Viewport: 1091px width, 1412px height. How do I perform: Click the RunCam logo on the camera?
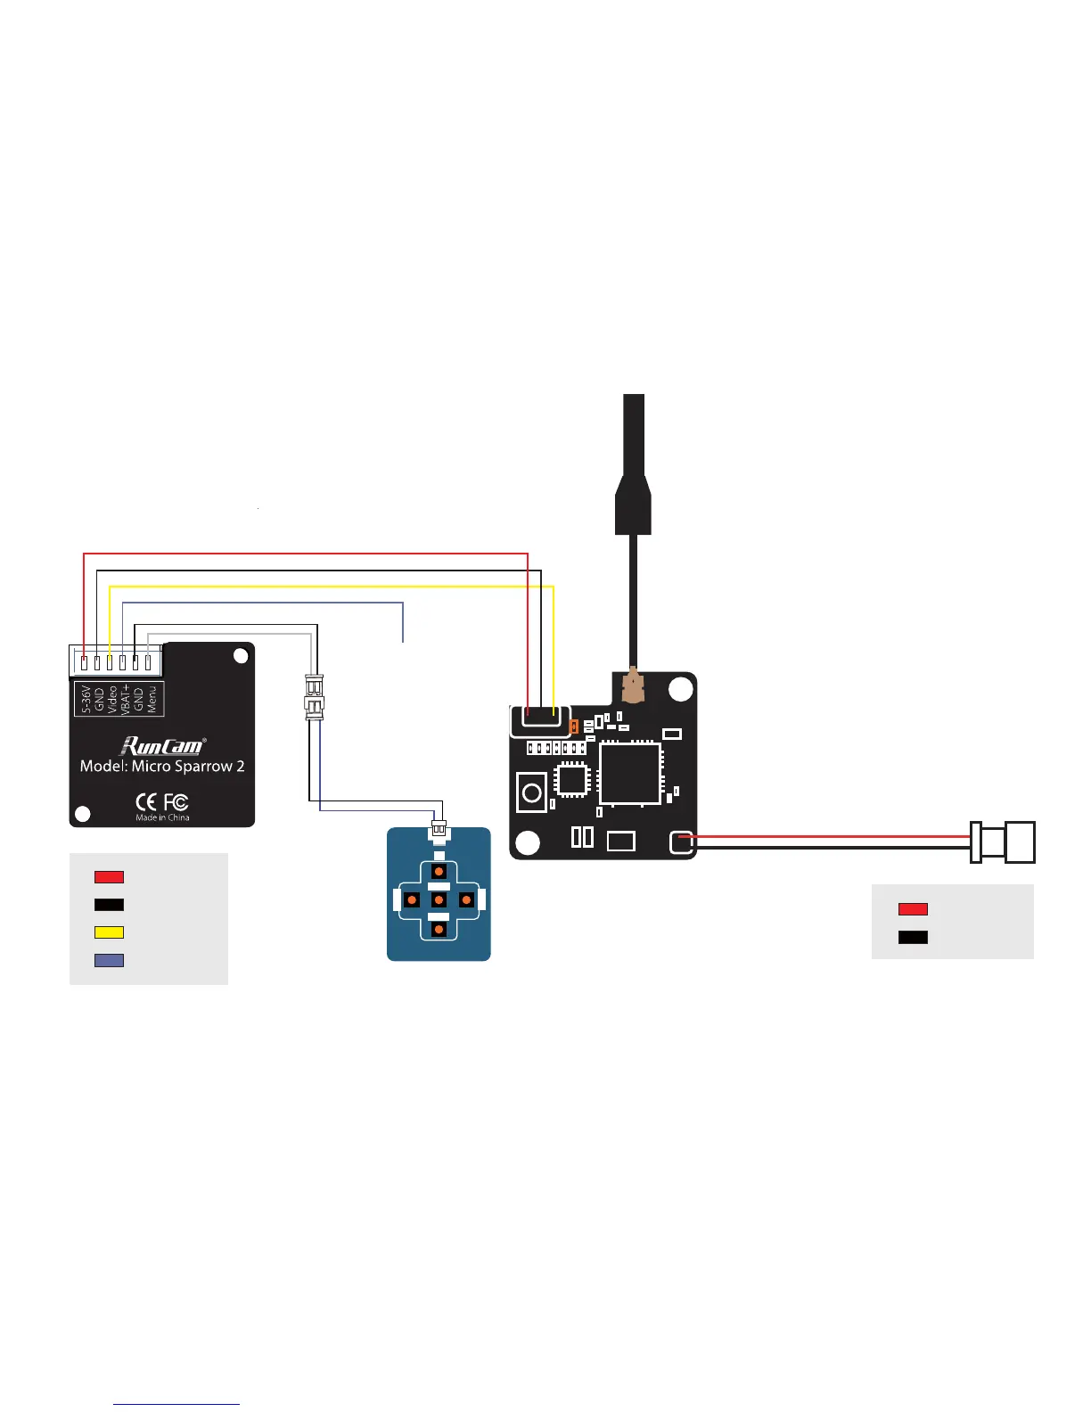tap(162, 745)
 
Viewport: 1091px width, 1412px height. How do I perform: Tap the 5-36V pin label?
tap(86, 699)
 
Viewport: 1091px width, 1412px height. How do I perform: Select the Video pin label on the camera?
tap(111, 699)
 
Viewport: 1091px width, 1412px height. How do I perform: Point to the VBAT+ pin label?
tap(125, 699)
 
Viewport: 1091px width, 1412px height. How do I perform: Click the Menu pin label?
tap(152, 699)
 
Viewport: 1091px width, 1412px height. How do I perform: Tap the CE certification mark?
tap(145, 802)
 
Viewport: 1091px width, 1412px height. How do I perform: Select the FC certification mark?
tap(176, 802)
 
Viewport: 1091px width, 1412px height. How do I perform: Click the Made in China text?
tap(162, 817)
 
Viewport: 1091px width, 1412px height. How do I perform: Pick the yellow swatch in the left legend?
tap(109, 932)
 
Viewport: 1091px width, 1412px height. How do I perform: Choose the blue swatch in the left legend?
tap(109, 960)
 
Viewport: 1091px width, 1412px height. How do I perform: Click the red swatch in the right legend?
tap(913, 909)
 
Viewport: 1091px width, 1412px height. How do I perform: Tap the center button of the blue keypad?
tap(439, 900)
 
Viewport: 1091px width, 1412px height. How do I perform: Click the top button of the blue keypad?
tap(439, 872)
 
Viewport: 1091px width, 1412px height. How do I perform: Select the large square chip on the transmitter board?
tap(630, 773)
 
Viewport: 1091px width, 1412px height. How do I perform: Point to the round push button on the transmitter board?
tap(532, 792)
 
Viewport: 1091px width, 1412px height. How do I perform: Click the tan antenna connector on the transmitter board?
tap(632, 686)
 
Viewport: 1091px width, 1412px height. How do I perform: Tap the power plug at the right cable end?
tap(1005, 842)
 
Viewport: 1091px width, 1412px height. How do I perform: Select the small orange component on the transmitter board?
tap(574, 727)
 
